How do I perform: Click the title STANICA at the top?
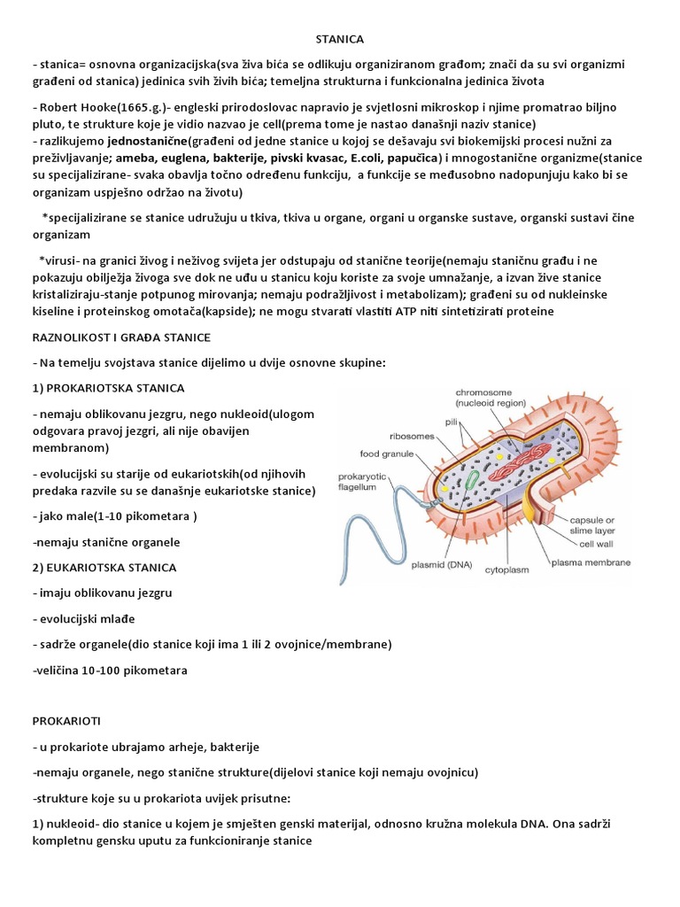[340, 39]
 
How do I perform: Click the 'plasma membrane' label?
[591, 562]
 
